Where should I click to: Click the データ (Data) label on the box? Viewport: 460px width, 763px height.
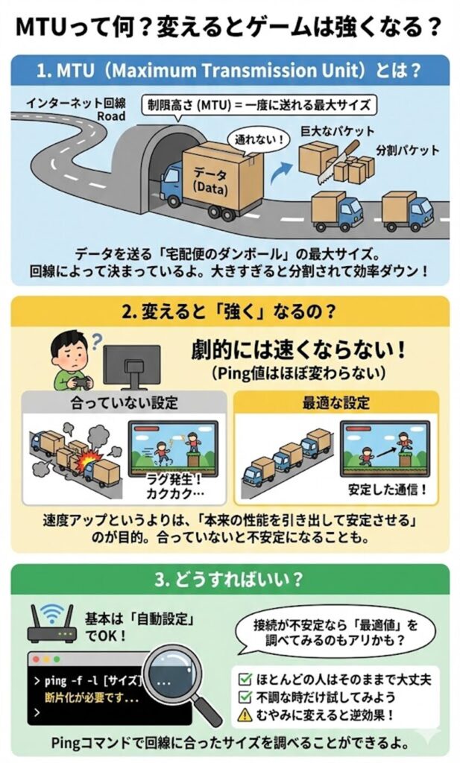click(210, 181)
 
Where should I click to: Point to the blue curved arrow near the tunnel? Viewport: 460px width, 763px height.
click(279, 173)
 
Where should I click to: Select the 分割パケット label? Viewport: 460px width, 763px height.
click(407, 150)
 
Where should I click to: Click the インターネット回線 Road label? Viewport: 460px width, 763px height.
click(76, 109)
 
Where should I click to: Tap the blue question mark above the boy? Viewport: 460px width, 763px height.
click(97, 340)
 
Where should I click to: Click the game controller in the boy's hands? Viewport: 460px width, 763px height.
click(80, 382)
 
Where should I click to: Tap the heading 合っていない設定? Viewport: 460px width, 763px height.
click(124, 403)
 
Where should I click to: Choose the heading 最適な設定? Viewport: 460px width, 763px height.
click(336, 403)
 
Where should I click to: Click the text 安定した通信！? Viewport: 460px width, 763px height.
click(388, 490)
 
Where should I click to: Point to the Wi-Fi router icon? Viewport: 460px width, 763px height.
click(51, 622)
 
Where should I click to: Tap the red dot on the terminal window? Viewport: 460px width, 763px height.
click(36, 659)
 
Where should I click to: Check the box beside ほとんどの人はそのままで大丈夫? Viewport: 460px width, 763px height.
click(245, 680)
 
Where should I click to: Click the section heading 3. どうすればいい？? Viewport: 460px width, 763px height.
click(229, 580)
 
